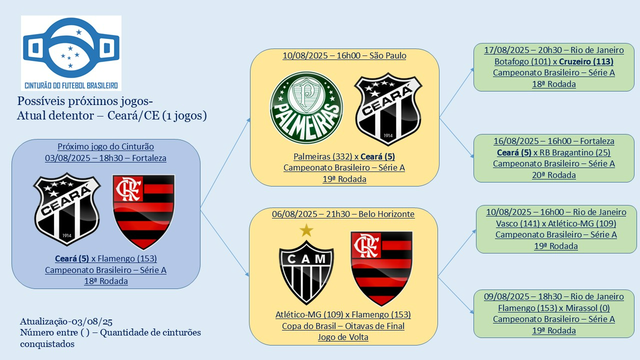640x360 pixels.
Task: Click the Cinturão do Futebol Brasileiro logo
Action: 71,52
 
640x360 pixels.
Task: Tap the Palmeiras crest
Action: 306,108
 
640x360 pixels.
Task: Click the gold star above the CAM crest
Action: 306,230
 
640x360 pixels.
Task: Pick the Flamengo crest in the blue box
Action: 144,211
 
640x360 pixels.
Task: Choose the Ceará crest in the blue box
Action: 67,209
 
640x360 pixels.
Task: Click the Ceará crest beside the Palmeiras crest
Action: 388,109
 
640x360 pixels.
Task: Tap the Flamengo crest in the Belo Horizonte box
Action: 382,268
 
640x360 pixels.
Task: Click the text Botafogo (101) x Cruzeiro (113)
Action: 554,61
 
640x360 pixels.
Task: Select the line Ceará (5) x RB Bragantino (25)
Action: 554,152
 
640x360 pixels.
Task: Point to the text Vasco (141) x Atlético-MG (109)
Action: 556,223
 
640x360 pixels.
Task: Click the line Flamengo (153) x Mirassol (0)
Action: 554,308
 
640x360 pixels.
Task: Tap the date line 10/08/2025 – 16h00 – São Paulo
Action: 344,55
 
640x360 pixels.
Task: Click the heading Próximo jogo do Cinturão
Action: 105,146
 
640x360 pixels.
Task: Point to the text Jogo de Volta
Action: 343,337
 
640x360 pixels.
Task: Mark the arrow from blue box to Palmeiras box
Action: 225,162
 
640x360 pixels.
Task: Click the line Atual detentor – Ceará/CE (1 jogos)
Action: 112,115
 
